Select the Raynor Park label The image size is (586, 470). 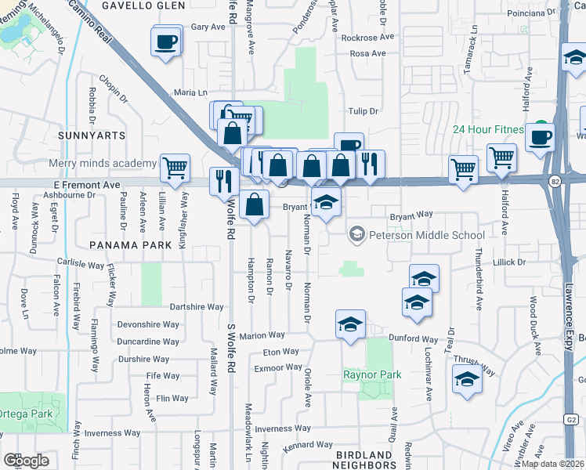[372, 374]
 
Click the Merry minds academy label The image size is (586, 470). [103, 163]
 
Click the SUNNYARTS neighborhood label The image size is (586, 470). [92, 136]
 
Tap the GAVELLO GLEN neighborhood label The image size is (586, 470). [148, 5]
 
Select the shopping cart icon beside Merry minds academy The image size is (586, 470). [175, 167]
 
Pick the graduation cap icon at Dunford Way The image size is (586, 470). [350, 324]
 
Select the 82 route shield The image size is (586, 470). [555, 182]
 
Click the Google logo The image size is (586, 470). [27, 461]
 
